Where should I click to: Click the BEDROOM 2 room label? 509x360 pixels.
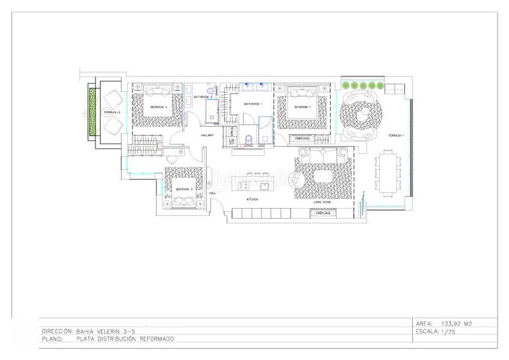click(x=158, y=107)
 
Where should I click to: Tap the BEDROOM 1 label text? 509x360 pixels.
click(x=301, y=107)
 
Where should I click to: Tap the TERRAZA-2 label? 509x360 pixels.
click(x=113, y=112)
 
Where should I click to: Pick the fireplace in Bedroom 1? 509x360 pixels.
click(x=302, y=137)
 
